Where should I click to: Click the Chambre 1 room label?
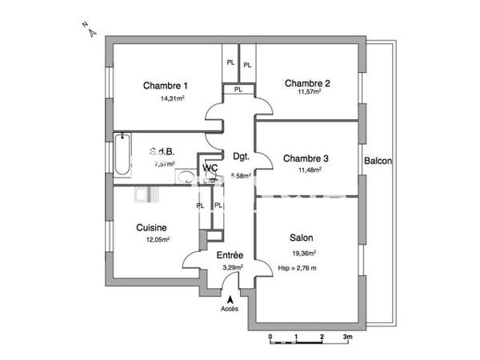click(x=166, y=86)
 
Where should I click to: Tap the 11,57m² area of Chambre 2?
click(x=308, y=92)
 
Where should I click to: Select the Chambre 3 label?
click(x=307, y=158)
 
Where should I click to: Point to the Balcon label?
click(x=378, y=161)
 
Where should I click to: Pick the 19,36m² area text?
click(x=303, y=253)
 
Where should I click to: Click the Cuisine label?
click(x=151, y=227)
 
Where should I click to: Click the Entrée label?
click(x=230, y=255)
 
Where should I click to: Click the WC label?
click(x=210, y=168)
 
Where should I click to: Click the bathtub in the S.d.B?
click(x=121, y=156)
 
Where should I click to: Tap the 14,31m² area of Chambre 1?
click(x=172, y=99)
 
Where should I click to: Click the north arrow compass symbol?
click(x=90, y=30)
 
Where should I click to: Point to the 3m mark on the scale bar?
click(x=346, y=337)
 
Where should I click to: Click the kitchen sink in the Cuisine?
click(x=144, y=194)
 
